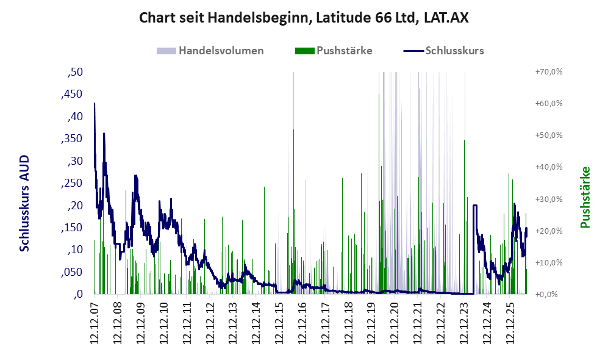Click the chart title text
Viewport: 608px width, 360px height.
pyautogui.click(x=304, y=18)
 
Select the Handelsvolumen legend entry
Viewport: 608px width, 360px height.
pyautogui.click(x=210, y=51)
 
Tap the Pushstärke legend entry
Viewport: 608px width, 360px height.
pyautogui.click(x=334, y=51)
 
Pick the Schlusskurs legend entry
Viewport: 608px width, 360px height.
pyautogui.click(x=443, y=51)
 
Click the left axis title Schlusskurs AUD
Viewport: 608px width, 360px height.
pyautogui.click(x=24, y=203)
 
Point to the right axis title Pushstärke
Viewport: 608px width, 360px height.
pyautogui.click(x=585, y=198)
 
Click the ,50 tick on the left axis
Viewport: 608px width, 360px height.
pyautogui.click(x=75, y=72)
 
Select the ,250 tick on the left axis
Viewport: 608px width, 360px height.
pyautogui.click(x=72, y=183)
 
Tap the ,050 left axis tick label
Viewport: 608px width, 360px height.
pyautogui.click(x=72, y=272)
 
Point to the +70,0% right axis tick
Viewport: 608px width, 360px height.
pyautogui.click(x=549, y=72)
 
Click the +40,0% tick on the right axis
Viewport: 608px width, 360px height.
pyautogui.click(x=549, y=167)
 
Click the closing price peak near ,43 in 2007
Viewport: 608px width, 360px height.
pyautogui.click(x=95, y=104)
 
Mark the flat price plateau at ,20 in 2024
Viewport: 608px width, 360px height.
pyautogui.click(x=475, y=205)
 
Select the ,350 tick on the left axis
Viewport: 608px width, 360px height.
pyautogui.click(x=72, y=139)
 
